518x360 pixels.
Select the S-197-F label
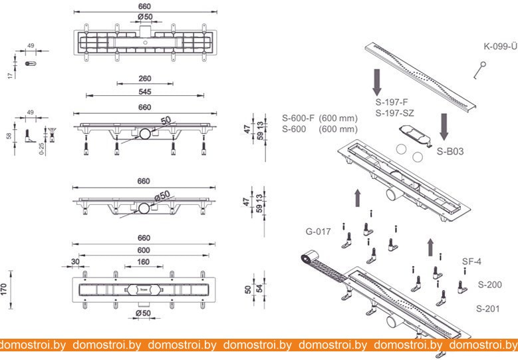pos(392,102)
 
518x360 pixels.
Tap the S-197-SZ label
pos(394,113)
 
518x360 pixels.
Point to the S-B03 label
pos(450,152)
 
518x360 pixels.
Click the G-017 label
pos(318,232)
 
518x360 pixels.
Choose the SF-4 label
pos(471,262)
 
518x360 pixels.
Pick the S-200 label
pos(490,284)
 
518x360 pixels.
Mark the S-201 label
pos(488,309)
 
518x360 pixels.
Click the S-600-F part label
pos(299,118)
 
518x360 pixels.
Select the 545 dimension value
pos(145,92)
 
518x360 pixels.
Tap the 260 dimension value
pos(145,79)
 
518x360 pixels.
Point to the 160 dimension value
pos(144,262)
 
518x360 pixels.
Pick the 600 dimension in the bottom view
pos(144,250)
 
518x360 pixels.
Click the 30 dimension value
pos(75,262)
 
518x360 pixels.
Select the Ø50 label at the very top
pos(145,17)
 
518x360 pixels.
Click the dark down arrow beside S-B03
pos(444,127)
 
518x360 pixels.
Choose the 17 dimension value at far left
pos(10,75)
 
